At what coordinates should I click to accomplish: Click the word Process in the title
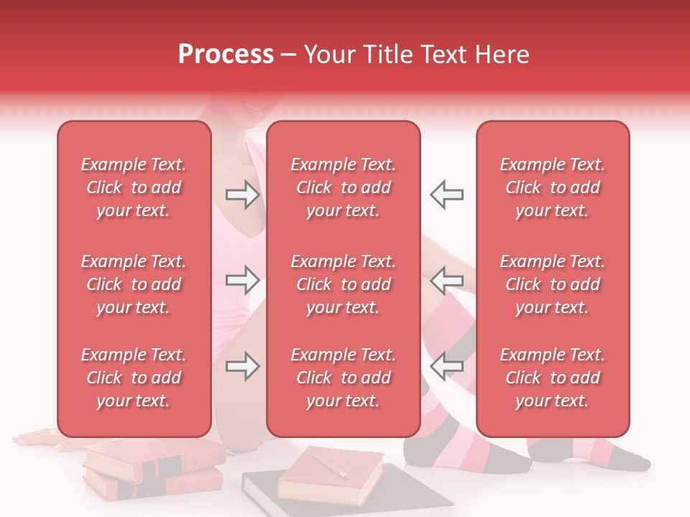coord(226,55)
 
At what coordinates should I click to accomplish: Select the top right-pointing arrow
coord(242,195)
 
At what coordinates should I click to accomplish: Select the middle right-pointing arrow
coord(242,280)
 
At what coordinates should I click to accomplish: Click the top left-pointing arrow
coord(446,195)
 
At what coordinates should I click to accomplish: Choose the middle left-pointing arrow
coord(446,280)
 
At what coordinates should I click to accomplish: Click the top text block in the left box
coord(134,187)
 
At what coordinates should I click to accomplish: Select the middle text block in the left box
coord(134,284)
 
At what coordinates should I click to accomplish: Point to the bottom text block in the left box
coord(134,378)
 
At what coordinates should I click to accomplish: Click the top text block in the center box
coord(344,187)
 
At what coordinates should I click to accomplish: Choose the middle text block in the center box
coord(344,284)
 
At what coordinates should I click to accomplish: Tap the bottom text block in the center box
coord(344,378)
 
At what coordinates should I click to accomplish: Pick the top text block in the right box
coord(553,187)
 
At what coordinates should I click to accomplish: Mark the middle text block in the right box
coord(553,284)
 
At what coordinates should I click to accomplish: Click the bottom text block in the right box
coord(553,378)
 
